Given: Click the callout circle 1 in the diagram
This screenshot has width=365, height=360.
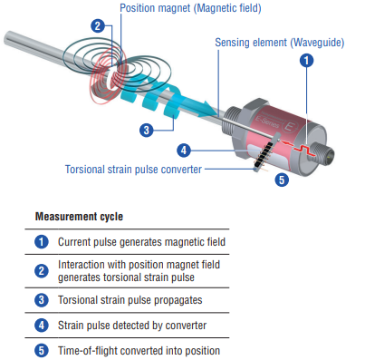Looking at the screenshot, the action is [x=306, y=61].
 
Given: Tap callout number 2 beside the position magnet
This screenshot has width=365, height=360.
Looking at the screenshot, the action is [x=98, y=26].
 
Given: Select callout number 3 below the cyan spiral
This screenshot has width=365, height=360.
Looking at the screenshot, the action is [x=147, y=131].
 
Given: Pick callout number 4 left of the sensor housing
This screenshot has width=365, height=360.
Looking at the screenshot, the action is [x=184, y=151].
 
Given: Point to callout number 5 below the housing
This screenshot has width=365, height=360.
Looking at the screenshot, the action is [x=282, y=180].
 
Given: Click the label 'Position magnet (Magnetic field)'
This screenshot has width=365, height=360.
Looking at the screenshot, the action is [x=190, y=8].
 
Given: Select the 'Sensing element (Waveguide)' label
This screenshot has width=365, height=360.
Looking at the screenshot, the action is [x=280, y=43].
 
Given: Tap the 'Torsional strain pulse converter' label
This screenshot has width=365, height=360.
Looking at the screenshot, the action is [x=133, y=170].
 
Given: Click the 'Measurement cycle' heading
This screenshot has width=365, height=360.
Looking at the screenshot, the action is [x=79, y=217].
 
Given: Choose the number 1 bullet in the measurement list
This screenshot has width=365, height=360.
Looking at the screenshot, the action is [x=42, y=242].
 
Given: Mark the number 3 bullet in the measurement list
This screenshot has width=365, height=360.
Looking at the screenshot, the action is [x=42, y=300].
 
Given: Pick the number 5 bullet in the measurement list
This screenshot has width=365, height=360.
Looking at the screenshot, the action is [x=42, y=351].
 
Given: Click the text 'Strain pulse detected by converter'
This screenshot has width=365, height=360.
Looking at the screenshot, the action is [x=132, y=326].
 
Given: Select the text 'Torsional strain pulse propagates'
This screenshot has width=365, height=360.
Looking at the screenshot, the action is [x=130, y=300].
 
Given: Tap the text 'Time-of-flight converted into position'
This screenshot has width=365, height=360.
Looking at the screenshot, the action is [x=139, y=351].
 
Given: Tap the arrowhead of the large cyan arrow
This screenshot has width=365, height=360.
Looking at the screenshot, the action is [x=210, y=109].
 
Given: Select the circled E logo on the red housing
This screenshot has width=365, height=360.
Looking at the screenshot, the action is [x=289, y=125].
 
